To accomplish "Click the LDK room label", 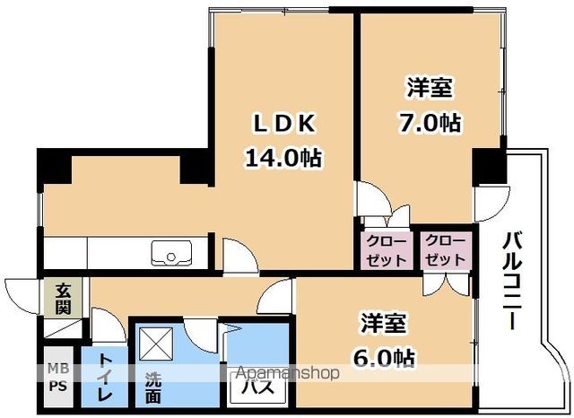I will click(283, 123).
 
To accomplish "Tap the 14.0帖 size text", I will click(283, 158).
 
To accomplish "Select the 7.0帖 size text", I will click(430, 123).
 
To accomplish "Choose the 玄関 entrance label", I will click(63, 298).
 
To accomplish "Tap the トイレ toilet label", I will click(105, 376).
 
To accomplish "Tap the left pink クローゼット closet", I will click(385, 250).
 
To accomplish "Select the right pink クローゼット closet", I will click(446, 250).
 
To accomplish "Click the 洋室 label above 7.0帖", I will click(430, 88).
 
